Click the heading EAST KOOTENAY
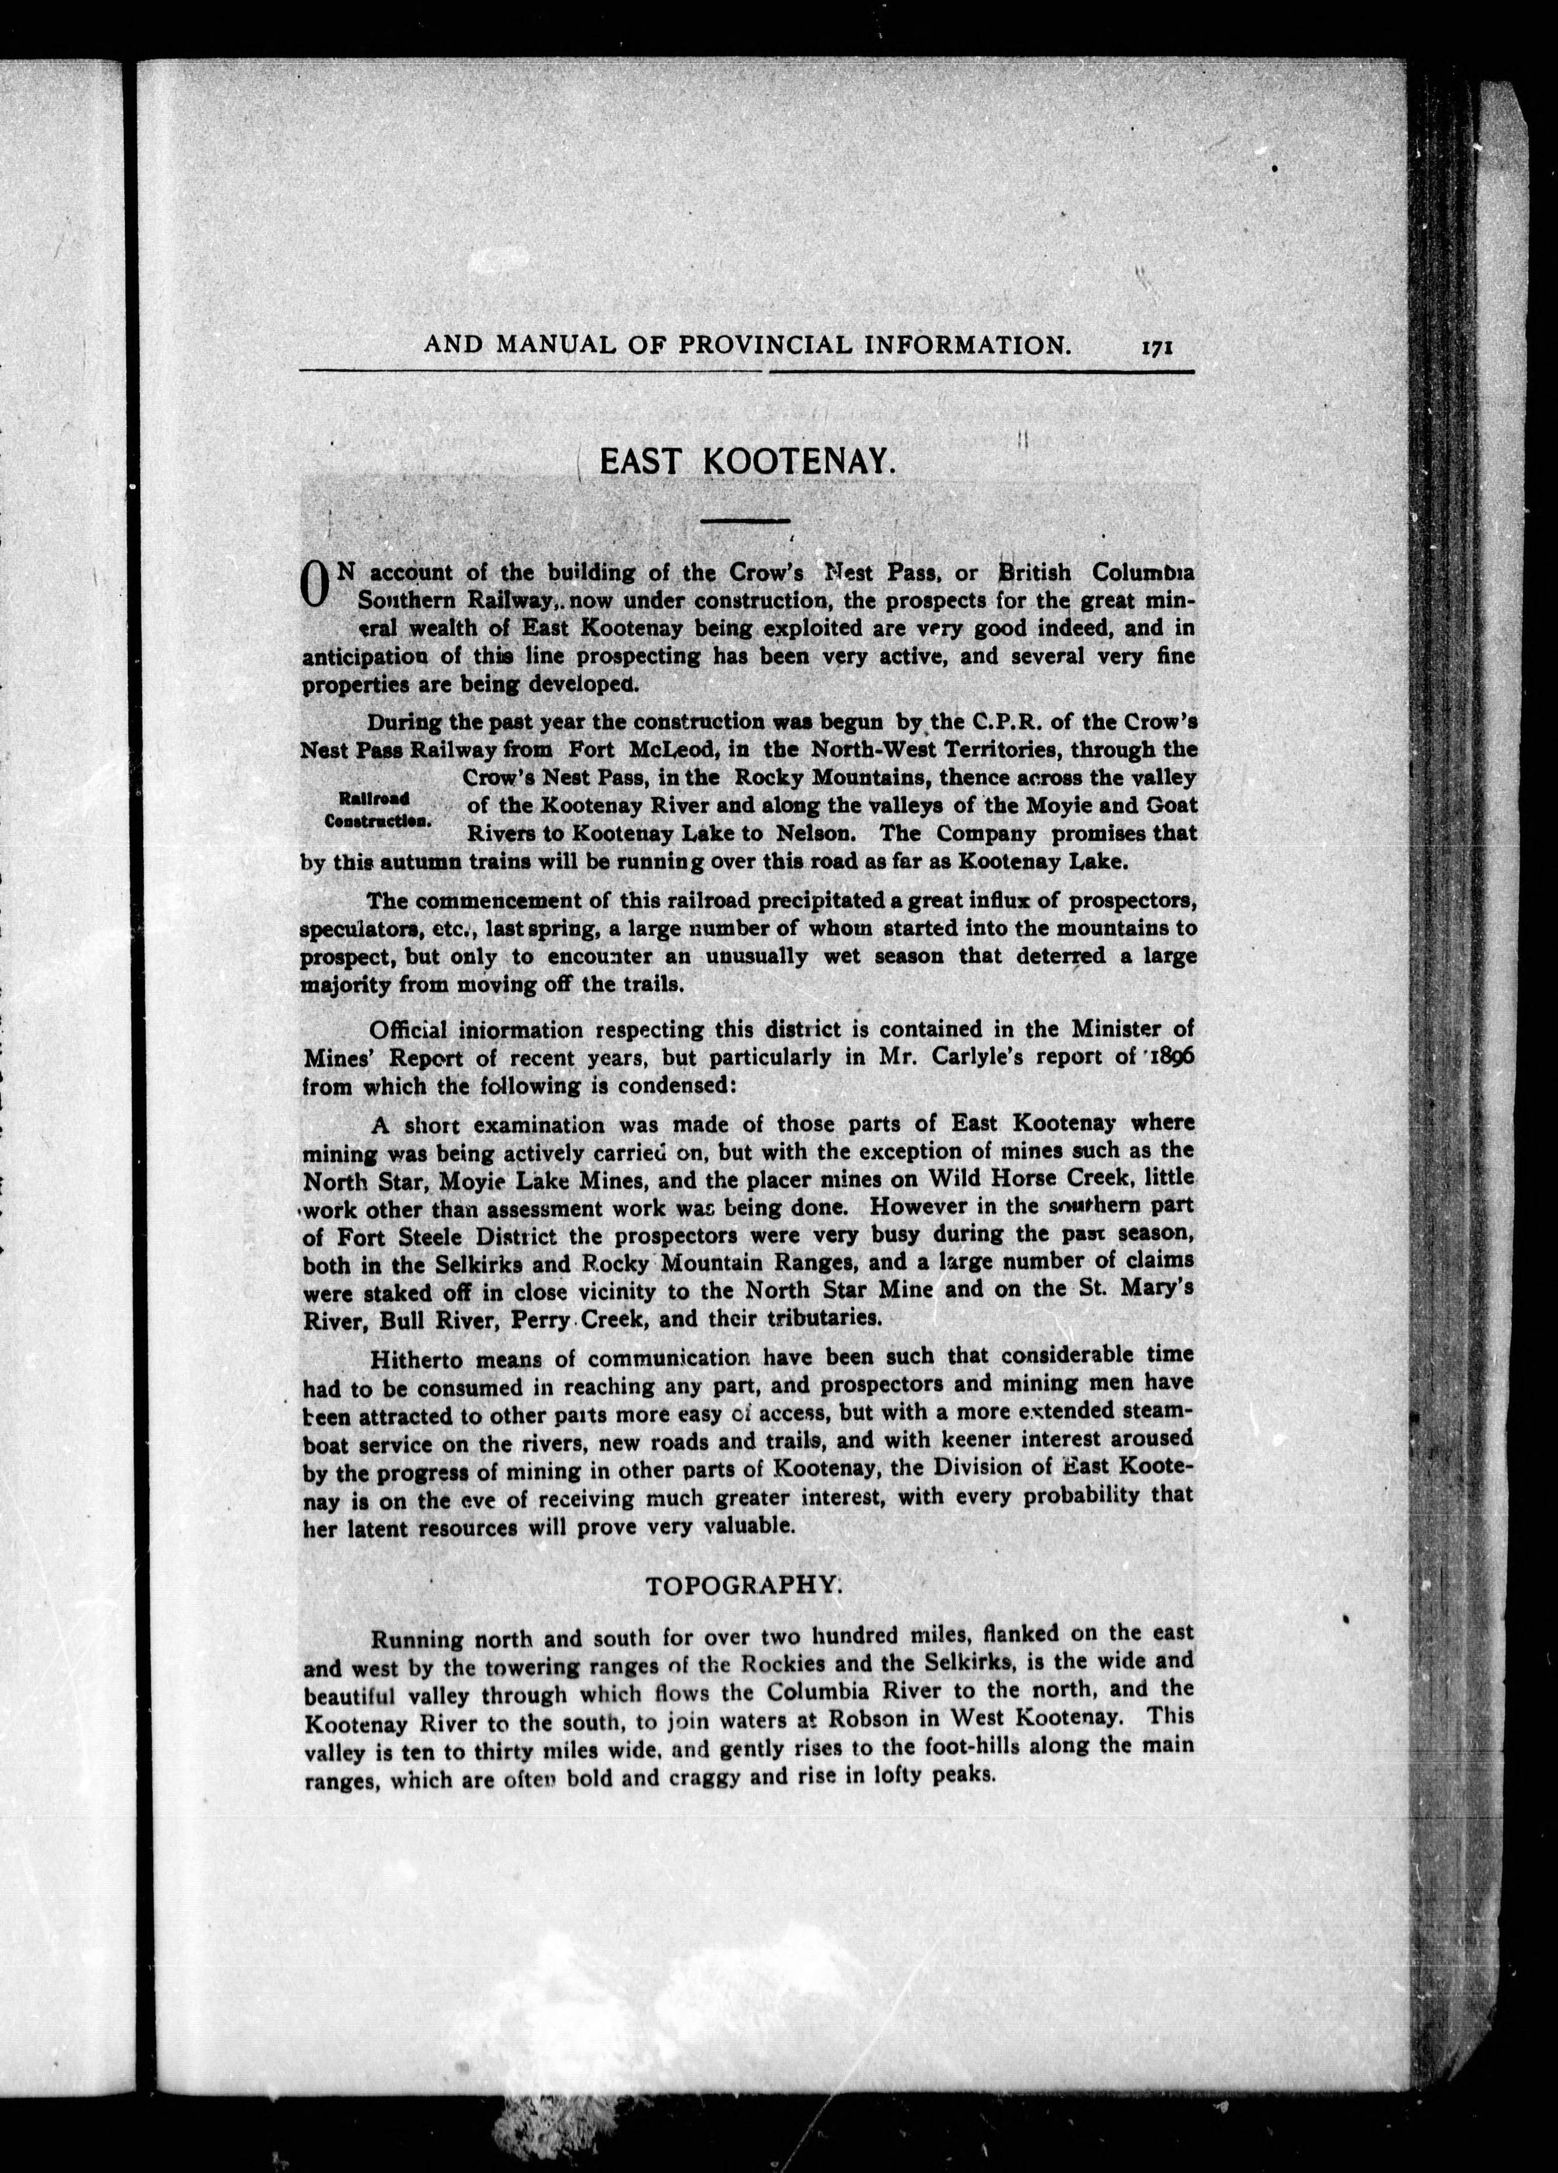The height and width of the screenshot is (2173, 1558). tap(746, 463)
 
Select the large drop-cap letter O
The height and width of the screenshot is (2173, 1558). tap(315, 585)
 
